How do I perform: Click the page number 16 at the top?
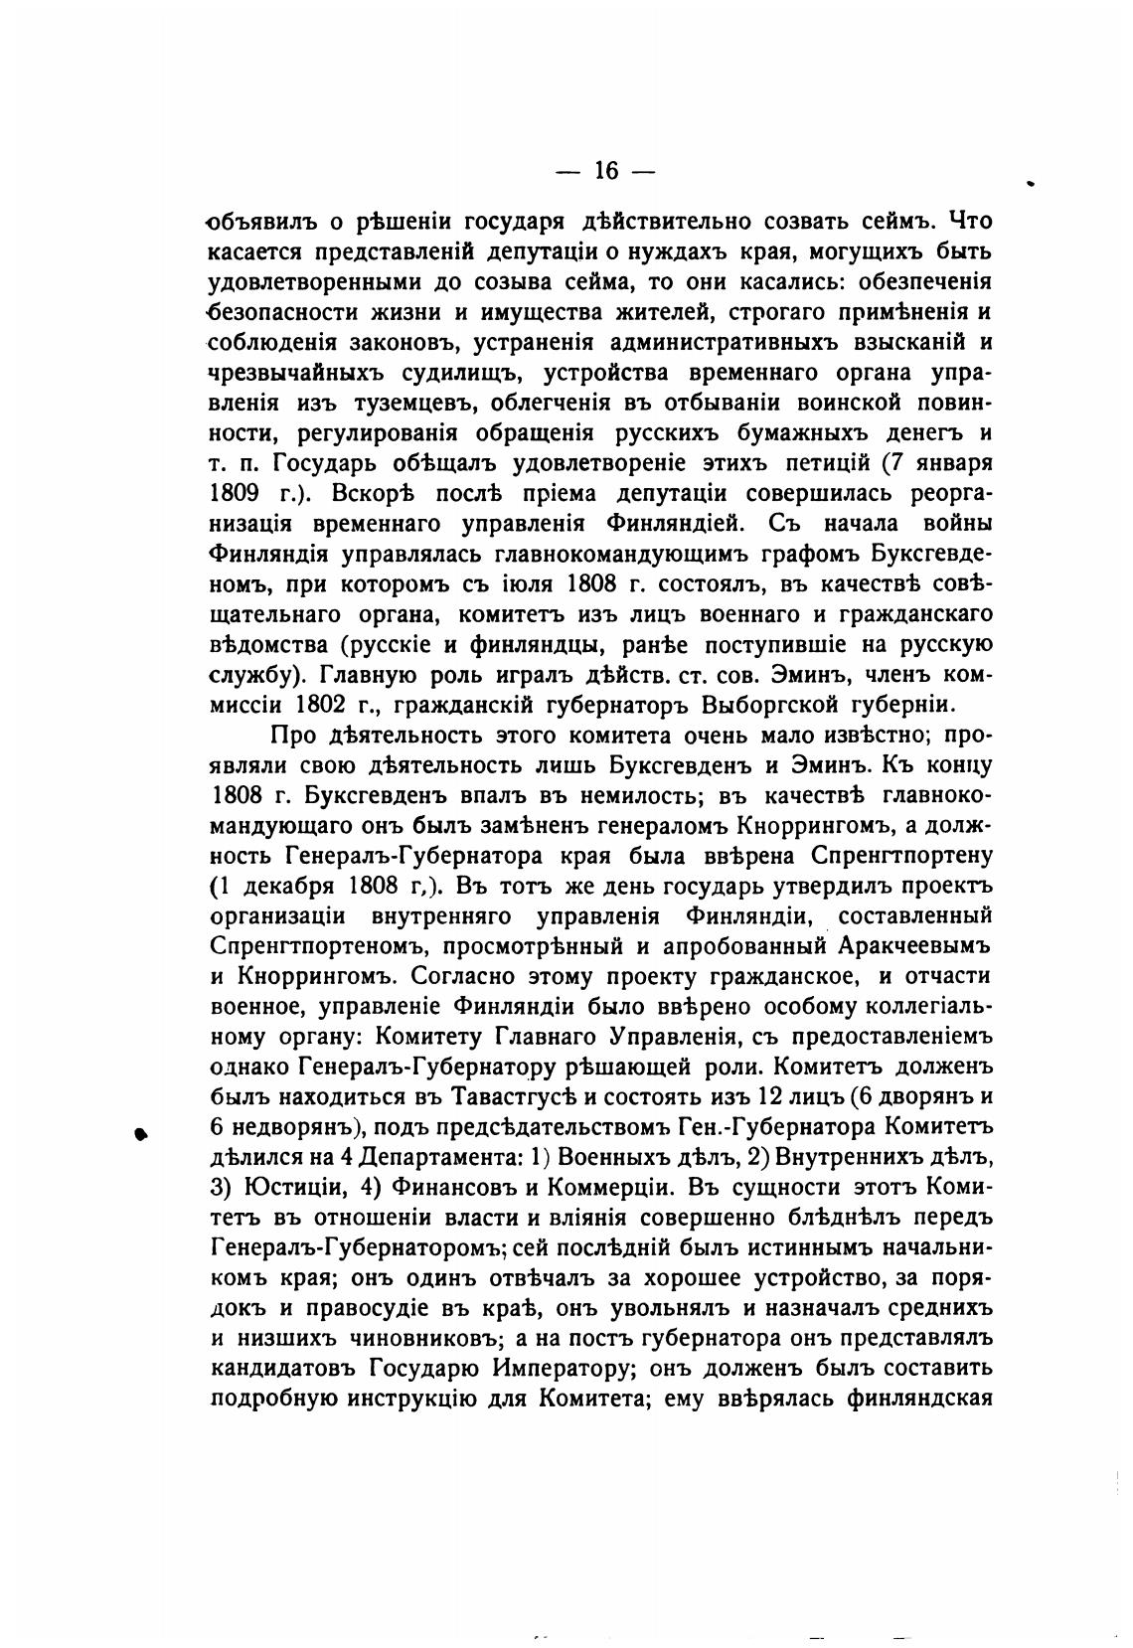[x=605, y=171]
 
